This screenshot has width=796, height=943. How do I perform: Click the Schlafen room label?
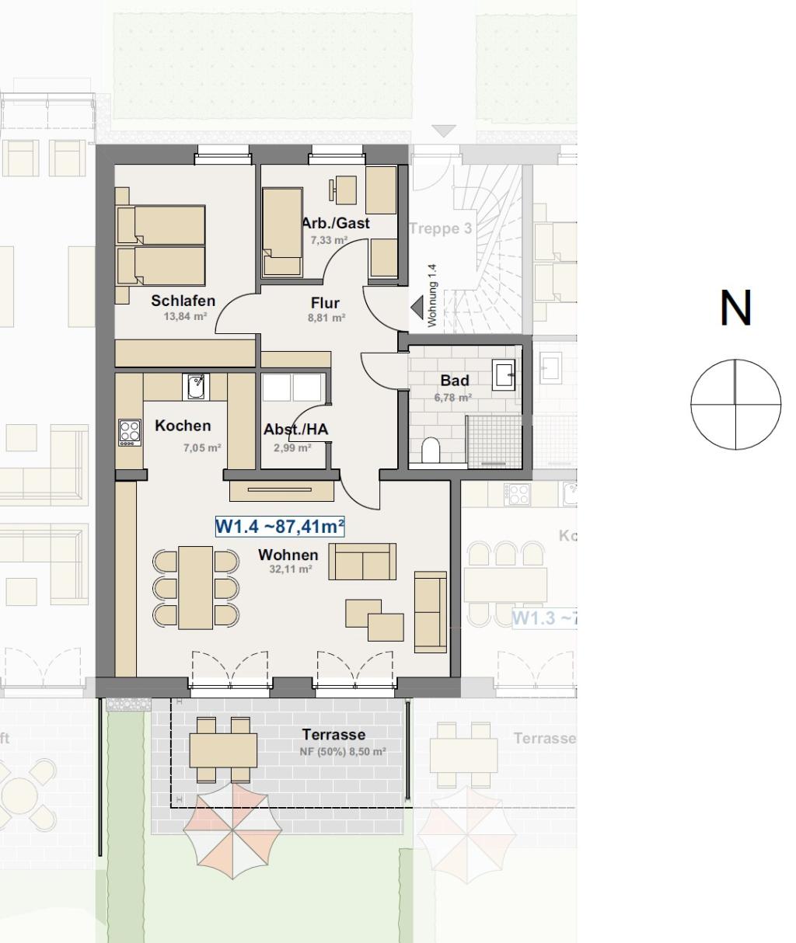click(183, 301)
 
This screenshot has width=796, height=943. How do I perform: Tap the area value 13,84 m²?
click(183, 317)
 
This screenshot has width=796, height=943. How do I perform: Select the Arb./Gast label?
click(335, 224)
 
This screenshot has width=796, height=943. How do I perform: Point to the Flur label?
click(325, 303)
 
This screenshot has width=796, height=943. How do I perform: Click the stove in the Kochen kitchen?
click(129, 432)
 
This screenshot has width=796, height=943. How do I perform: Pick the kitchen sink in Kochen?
click(196, 386)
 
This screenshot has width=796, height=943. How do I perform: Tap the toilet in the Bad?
click(430, 450)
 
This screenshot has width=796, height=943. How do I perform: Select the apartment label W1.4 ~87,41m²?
click(280, 527)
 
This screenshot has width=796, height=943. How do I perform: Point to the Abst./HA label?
click(295, 430)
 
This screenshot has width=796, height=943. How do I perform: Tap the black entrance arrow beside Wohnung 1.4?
click(417, 308)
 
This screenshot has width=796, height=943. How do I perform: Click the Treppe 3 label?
click(440, 229)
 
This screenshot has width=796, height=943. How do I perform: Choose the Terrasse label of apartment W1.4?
click(333, 735)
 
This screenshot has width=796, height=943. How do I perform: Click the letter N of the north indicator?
click(735, 308)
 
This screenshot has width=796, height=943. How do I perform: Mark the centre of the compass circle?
click(735, 404)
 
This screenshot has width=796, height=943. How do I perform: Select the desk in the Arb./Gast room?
click(345, 189)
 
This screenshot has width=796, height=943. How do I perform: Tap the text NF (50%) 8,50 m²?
click(343, 752)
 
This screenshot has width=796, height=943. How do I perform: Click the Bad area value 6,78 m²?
click(453, 398)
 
